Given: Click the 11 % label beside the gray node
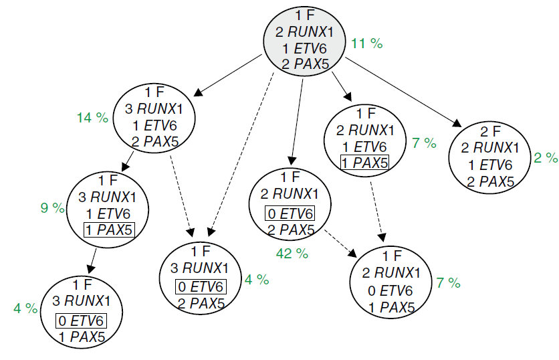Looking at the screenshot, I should click(367, 43).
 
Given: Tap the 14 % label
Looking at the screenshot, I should click(92, 118).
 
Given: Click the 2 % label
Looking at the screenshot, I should click(546, 158).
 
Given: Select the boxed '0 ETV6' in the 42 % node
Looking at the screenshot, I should click(289, 214).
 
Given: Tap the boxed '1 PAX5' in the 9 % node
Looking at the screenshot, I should click(108, 230).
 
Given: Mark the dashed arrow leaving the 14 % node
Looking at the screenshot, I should click(181, 194).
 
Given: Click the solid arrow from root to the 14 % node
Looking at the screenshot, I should click(228, 75).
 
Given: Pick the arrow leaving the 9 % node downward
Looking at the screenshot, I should click(93, 258).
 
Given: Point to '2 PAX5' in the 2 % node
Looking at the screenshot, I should click(491, 181).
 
